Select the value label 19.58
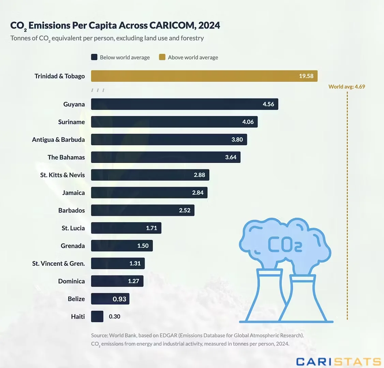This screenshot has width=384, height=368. click(306, 76)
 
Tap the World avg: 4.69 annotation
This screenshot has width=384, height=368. click(346, 87)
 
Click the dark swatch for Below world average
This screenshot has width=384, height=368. click(94, 57)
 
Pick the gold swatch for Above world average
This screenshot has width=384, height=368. click(162, 57)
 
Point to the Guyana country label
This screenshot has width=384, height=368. click(74, 104)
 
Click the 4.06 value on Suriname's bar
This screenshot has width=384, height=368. click(248, 122)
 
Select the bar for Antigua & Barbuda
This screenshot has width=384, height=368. click(169, 140)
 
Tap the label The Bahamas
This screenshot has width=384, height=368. click(66, 157)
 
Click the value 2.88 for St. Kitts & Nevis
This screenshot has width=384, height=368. click(200, 175)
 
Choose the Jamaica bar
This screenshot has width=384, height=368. click(149, 193)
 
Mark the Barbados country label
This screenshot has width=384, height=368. click(72, 211)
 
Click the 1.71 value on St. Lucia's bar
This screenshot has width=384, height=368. click(151, 228)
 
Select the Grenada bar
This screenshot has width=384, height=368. click(122, 246)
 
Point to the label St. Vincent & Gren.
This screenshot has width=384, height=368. click(59, 264)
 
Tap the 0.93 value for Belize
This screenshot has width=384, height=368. click(119, 299)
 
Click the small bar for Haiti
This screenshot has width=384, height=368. click(97, 317)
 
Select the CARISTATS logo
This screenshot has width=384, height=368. click(338, 362)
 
